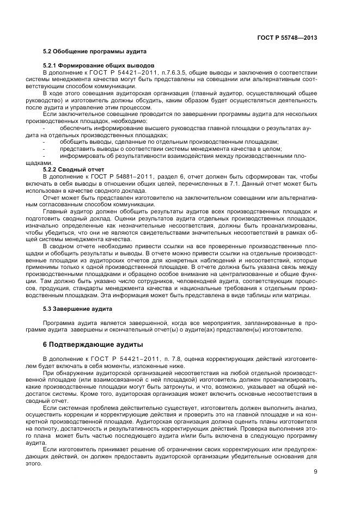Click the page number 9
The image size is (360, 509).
(x=315, y=472)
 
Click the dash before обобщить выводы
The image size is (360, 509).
(x=44, y=142)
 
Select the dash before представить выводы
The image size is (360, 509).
(x=44, y=149)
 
